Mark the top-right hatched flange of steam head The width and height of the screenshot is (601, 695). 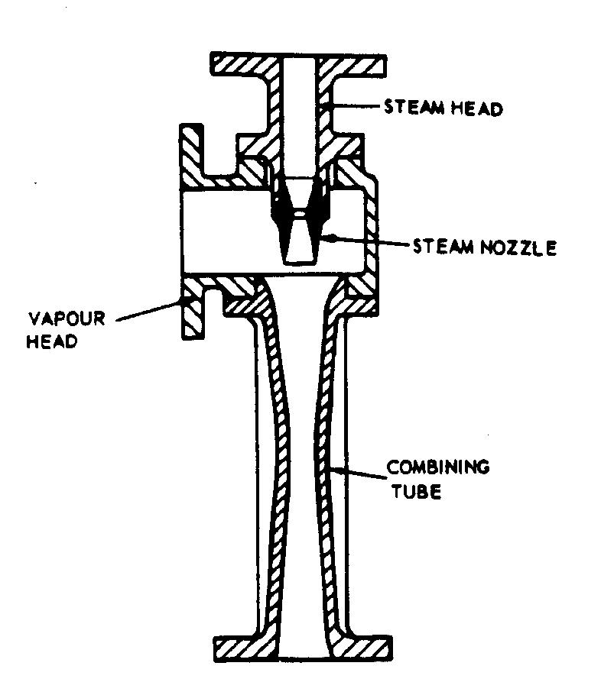[x=359, y=64]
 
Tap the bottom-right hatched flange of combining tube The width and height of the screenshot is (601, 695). [x=359, y=648]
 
